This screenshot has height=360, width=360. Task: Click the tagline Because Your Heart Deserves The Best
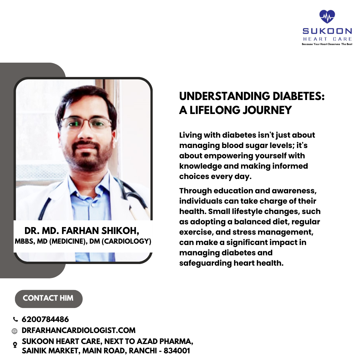327,44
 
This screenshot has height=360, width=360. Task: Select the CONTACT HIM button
48,298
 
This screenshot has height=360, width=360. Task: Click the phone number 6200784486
45,319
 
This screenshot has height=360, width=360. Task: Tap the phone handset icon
15,319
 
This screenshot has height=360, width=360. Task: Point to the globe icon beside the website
15,331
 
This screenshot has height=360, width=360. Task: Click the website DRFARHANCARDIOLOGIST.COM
79,331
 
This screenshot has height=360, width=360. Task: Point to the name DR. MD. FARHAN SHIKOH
82,231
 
